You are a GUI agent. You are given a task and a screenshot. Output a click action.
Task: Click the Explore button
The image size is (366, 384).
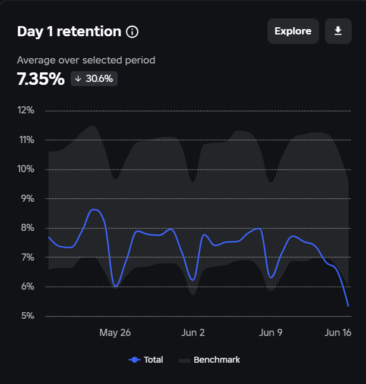tap(293, 31)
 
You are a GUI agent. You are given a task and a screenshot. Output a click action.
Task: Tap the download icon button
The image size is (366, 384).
tap(338, 31)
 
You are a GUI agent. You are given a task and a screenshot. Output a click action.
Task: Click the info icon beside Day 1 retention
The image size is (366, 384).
tap(132, 31)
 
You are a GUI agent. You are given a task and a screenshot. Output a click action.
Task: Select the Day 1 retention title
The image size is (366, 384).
tap(69, 31)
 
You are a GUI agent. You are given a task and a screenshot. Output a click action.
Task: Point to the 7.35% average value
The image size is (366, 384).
tap(40, 79)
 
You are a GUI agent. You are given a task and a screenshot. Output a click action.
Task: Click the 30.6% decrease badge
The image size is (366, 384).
tap(94, 79)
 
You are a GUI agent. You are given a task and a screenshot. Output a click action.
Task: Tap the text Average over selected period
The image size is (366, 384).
tap(86, 60)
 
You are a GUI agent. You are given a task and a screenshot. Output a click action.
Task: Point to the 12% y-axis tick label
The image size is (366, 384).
tap(26, 110)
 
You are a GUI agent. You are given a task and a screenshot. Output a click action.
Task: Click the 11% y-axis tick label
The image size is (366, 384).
tap(26, 140)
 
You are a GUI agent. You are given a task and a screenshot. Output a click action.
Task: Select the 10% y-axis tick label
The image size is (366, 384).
tap(26, 169)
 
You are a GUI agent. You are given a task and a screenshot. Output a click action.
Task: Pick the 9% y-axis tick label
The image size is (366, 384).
tap(27, 199)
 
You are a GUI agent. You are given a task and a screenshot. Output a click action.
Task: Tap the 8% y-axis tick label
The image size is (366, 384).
tap(27, 228)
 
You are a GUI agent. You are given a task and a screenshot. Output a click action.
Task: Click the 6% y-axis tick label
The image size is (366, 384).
tap(27, 287)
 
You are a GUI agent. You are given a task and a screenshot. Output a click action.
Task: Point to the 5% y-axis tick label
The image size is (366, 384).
tap(27, 316)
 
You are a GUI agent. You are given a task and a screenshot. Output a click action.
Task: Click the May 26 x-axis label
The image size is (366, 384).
tap(115, 332)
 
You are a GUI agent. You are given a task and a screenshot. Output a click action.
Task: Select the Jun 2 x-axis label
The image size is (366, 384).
tap(193, 332)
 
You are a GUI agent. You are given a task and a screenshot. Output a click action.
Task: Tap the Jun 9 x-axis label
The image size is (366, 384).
tap(270, 332)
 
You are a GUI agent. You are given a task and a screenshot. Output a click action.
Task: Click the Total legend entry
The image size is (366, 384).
tap(146, 360)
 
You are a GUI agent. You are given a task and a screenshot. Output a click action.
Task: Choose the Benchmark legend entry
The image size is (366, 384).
tap(210, 360)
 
